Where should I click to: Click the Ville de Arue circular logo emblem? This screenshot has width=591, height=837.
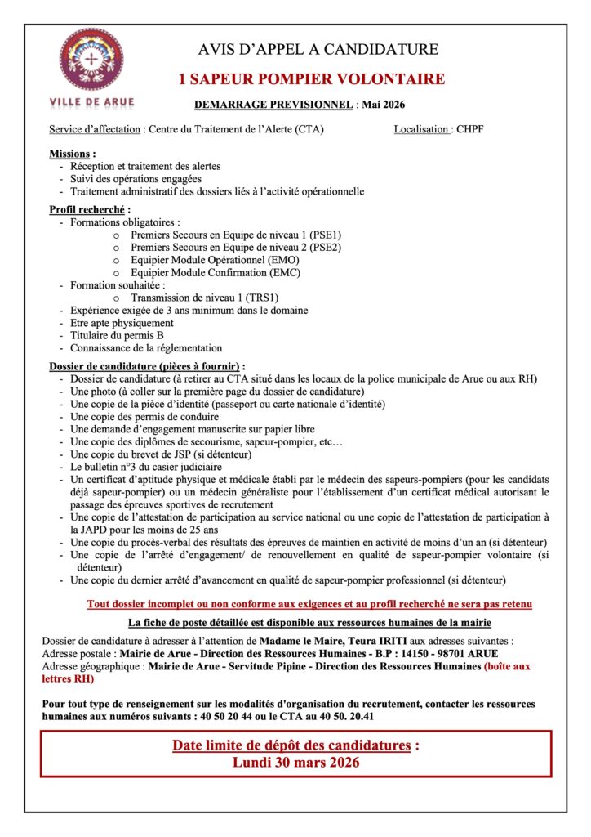pyautogui.click(x=92, y=60)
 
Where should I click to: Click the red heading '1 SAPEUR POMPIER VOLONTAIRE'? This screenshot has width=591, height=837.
pyautogui.click(x=312, y=79)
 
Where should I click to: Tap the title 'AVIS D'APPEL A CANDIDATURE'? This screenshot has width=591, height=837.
pyautogui.click(x=318, y=50)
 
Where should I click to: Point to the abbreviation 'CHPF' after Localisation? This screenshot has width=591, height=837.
pyautogui.click(x=470, y=129)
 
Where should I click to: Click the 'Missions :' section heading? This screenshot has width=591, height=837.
pyautogui.click(x=72, y=154)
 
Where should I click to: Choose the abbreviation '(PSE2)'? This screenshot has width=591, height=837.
pyautogui.click(x=325, y=247)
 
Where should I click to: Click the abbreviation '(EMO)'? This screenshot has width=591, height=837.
pyautogui.click(x=285, y=260)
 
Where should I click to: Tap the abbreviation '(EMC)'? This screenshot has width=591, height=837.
pyautogui.click(x=285, y=272)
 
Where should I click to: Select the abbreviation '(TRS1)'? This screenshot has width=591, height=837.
pyautogui.click(x=264, y=298)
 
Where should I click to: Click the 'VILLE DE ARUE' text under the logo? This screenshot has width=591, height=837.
pyautogui.click(x=92, y=102)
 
